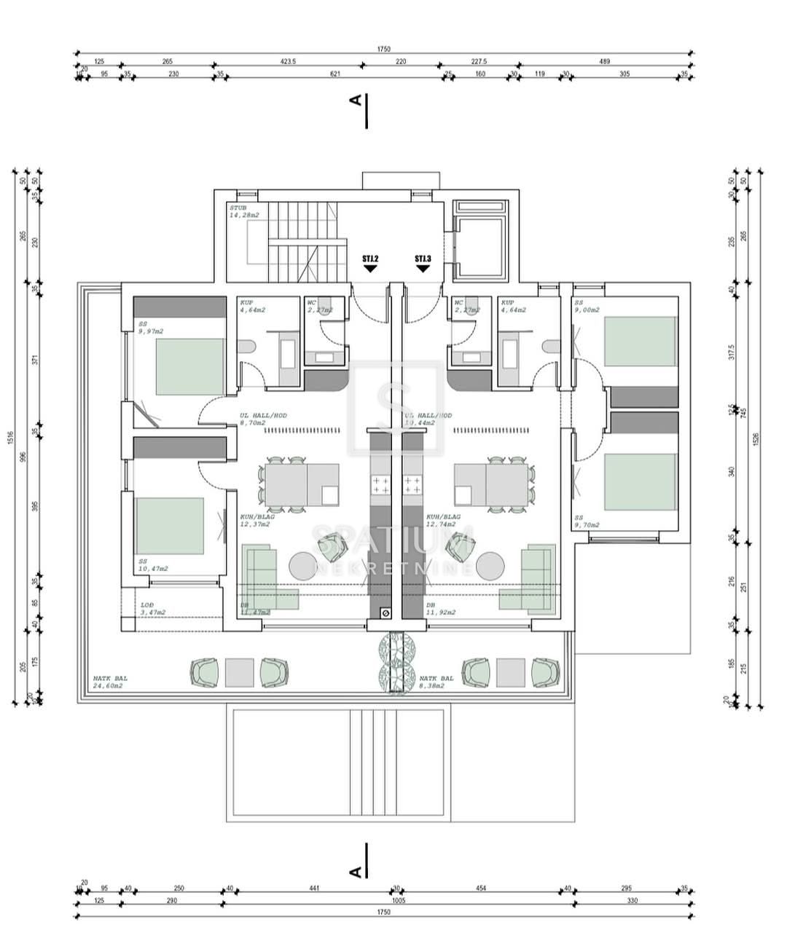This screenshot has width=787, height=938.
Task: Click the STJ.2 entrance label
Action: (370, 259)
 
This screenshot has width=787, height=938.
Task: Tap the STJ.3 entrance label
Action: (423, 259)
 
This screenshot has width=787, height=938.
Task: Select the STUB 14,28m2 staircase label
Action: (243, 212)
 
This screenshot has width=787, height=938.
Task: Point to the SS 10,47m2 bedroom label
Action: (153, 565)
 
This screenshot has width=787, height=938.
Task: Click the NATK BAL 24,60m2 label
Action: (108, 682)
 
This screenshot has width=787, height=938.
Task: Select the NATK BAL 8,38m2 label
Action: (436, 682)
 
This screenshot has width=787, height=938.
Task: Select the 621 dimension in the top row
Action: (335, 74)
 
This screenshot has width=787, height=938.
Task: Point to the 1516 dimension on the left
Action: (11, 437)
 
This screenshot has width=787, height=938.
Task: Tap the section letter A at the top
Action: (356, 101)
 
